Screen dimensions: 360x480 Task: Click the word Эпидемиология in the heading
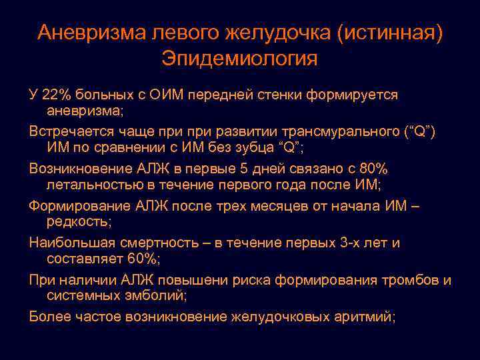[x=239, y=58]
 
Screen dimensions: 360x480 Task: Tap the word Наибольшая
[x=71, y=242]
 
